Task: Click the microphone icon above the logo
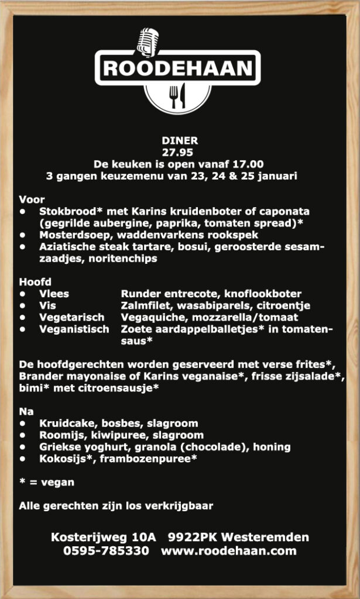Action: (x=148, y=42)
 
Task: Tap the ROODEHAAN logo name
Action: (x=178, y=68)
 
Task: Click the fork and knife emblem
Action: (x=178, y=96)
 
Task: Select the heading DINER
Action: (x=180, y=140)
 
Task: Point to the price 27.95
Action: (x=180, y=152)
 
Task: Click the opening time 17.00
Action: (x=249, y=164)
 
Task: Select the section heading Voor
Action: (x=32, y=199)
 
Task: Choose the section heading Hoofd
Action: (x=35, y=282)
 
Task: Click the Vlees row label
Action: (x=54, y=294)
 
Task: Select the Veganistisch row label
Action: (x=74, y=329)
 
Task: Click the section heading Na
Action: (x=26, y=411)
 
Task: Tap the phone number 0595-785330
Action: (x=105, y=550)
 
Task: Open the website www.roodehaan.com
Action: (x=229, y=550)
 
